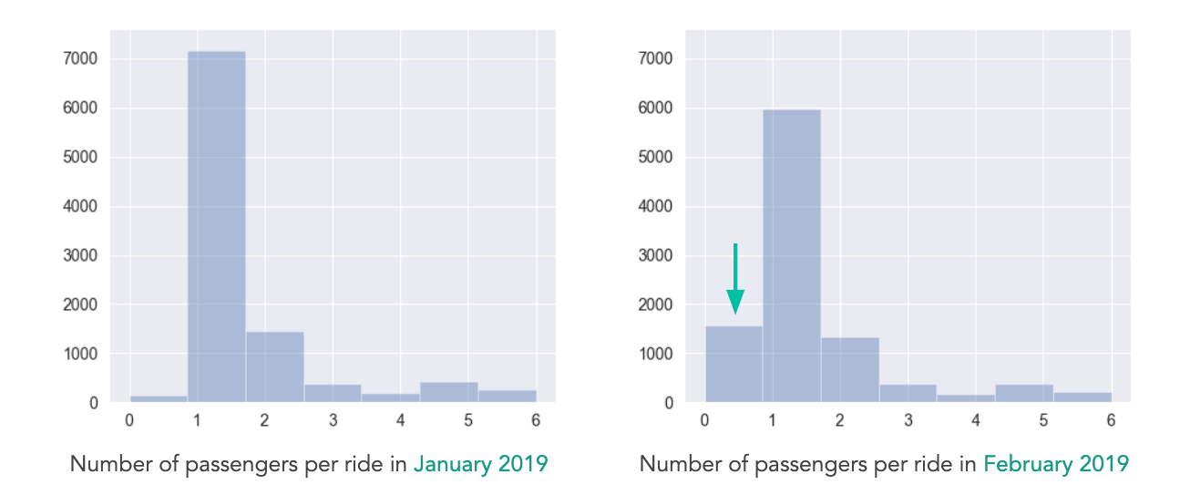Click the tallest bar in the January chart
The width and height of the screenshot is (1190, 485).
coord(216,228)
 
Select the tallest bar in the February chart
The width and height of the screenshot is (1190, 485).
coord(792,255)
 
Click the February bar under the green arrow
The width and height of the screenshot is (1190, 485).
coord(733,365)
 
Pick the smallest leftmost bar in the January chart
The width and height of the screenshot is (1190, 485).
coord(159,398)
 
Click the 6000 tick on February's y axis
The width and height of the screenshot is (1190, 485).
coord(655,108)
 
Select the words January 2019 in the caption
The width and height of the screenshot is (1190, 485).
coord(481,464)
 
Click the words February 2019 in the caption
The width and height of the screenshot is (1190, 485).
coord(1056,464)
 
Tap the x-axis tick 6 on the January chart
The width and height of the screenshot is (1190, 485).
coord(536,420)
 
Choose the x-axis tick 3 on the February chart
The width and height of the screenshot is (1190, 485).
coord(908,420)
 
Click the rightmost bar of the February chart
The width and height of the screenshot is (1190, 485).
coord(1082,397)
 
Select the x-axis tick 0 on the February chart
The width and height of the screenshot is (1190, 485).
coord(704,420)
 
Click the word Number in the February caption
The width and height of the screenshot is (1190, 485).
coord(675,464)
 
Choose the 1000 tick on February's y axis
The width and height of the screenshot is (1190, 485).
coord(655,354)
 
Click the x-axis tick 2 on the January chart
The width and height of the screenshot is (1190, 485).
coord(264,420)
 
